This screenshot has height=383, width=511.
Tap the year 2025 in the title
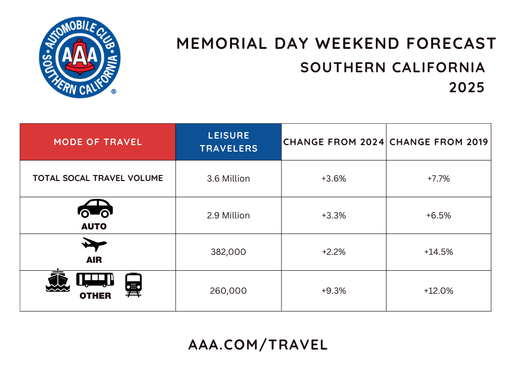point(467,88)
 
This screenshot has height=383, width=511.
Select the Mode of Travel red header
point(98,142)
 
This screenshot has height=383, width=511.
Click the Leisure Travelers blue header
point(229,142)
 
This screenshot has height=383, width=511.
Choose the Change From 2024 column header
point(334,142)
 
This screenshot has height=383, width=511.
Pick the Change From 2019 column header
point(439,142)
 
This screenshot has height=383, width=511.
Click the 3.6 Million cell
point(229,179)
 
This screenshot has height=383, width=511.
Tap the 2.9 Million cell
point(229,215)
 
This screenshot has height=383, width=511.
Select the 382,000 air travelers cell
point(229,252)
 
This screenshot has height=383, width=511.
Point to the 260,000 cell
point(229,291)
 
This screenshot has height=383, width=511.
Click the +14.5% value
point(439,252)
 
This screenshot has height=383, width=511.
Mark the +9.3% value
point(334,291)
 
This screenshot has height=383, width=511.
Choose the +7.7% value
point(439,179)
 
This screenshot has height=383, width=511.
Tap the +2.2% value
point(334,252)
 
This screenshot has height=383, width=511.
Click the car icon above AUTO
point(95,208)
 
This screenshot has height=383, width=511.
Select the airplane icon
point(94,245)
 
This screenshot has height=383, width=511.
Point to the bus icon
point(95,280)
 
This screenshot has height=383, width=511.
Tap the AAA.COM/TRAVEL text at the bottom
point(257,345)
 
